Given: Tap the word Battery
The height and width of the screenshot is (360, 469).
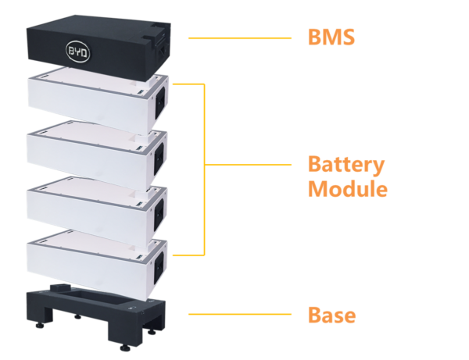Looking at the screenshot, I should coord(345,166).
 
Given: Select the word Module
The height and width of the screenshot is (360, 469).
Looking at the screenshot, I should coord(347,189).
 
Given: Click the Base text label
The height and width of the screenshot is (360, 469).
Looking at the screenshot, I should coord(331,315).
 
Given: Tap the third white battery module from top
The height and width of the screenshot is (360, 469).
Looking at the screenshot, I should coord(86,207).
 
